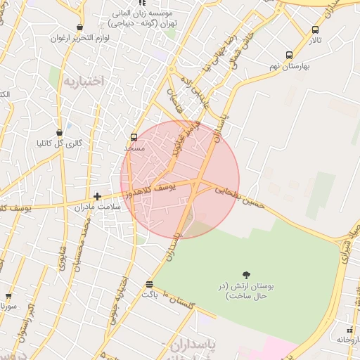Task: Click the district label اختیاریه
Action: pos(84,82)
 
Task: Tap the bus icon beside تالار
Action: pos(315,30)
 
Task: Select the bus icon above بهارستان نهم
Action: pos(289,55)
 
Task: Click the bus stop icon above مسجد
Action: pos(134,138)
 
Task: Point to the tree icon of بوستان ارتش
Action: pos(246,274)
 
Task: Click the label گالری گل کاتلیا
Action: pos(60,143)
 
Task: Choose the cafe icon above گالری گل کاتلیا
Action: pos(60,131)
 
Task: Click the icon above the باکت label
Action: pos(149,284)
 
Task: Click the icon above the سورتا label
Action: pos(8,296)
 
